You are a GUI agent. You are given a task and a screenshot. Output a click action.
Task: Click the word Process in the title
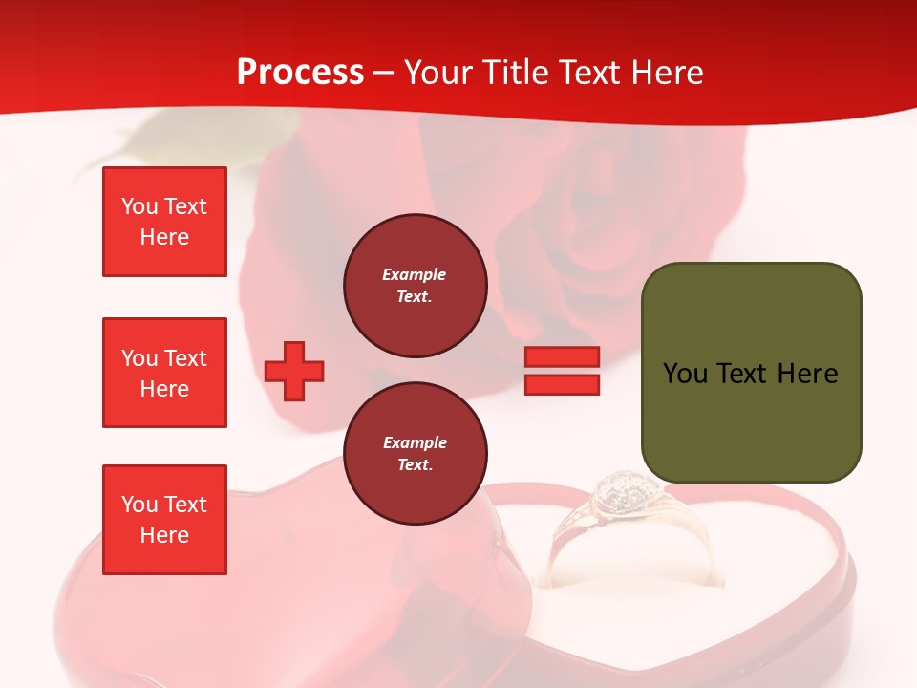tap(300, 73)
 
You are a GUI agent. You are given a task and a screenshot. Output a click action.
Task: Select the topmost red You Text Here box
tap(164, 222)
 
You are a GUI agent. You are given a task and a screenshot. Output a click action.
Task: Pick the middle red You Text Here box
tap(164, 373)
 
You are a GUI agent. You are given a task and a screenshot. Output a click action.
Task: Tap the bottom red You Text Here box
tap(164, 520)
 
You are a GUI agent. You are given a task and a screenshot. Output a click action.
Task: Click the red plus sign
tap(294, 371)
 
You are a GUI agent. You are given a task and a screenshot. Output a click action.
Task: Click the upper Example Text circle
tap(415, 286)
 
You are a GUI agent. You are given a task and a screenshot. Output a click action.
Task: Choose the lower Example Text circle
tap(415, 454)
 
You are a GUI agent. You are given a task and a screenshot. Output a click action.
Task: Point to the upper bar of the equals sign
tap(563, 357)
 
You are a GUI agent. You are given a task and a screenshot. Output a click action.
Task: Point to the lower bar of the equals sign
tap(563, 385)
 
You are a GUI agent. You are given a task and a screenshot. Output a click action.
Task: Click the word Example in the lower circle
tap(415, 442)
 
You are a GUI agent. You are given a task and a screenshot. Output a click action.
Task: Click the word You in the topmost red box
tap(139, 206)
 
